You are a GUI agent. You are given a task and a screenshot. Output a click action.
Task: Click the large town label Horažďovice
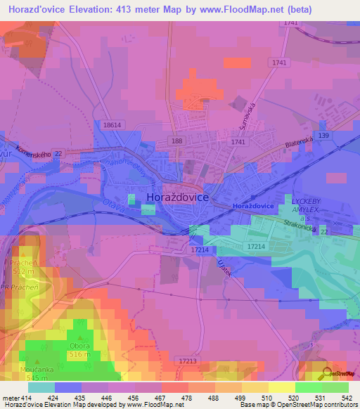(x=177, y=198)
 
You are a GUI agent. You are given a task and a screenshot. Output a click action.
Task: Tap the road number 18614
(x=112, y=124)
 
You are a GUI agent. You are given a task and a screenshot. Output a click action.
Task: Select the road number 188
(x=176, y=141)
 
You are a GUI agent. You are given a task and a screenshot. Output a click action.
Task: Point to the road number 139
(x=323, y=135)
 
